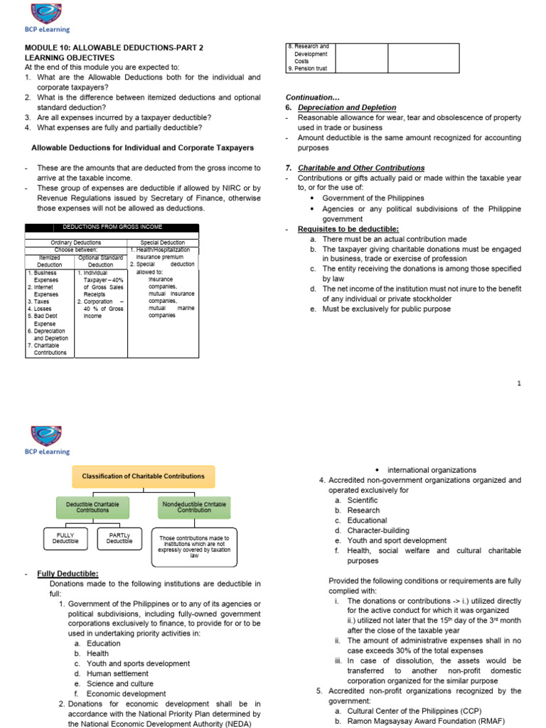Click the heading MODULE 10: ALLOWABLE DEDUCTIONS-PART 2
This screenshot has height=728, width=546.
tap(114, 48)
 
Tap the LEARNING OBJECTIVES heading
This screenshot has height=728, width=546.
tap(69, 58)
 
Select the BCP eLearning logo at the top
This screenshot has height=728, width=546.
tap(45, 21)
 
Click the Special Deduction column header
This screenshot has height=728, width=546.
tap(162, 242)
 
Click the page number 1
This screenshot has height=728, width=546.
tap(519, 384)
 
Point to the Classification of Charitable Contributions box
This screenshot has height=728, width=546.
tap(143, 476)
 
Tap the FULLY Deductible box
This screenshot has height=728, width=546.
tap(65, 537)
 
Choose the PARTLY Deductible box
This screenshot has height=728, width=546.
tap(119, 537)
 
